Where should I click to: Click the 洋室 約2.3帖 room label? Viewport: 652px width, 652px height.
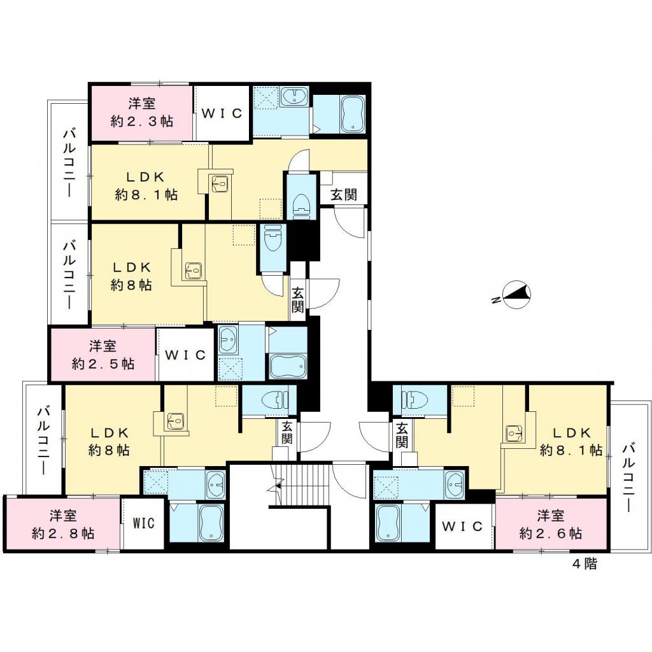(x=141, y=112)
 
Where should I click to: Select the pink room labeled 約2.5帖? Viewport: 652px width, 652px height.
(x=103, y=355)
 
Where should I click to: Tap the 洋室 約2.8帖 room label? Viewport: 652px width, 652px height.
(x=63, y=524)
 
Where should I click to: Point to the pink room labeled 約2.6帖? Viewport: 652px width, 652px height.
(x=551, y=524)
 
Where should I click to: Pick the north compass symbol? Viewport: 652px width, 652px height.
(x=516, y=295)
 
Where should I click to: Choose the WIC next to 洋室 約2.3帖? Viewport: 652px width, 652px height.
(x=222, y=113)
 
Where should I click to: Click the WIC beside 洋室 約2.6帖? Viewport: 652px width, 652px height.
(x=464, y=527)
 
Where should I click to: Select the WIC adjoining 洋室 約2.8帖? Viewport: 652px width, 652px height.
(x=144, y=524)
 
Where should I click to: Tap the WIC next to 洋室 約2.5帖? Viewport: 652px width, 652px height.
(x=185, y=355)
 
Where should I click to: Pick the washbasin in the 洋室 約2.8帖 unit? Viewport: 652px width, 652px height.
(x=215, y=485)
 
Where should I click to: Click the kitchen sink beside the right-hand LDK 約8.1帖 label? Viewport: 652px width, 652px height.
(x=514, y=434)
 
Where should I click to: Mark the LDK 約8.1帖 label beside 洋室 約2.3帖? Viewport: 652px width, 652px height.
(x=146, y=186)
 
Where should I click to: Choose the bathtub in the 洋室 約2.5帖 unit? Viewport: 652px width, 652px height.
(x=288, y=365)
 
